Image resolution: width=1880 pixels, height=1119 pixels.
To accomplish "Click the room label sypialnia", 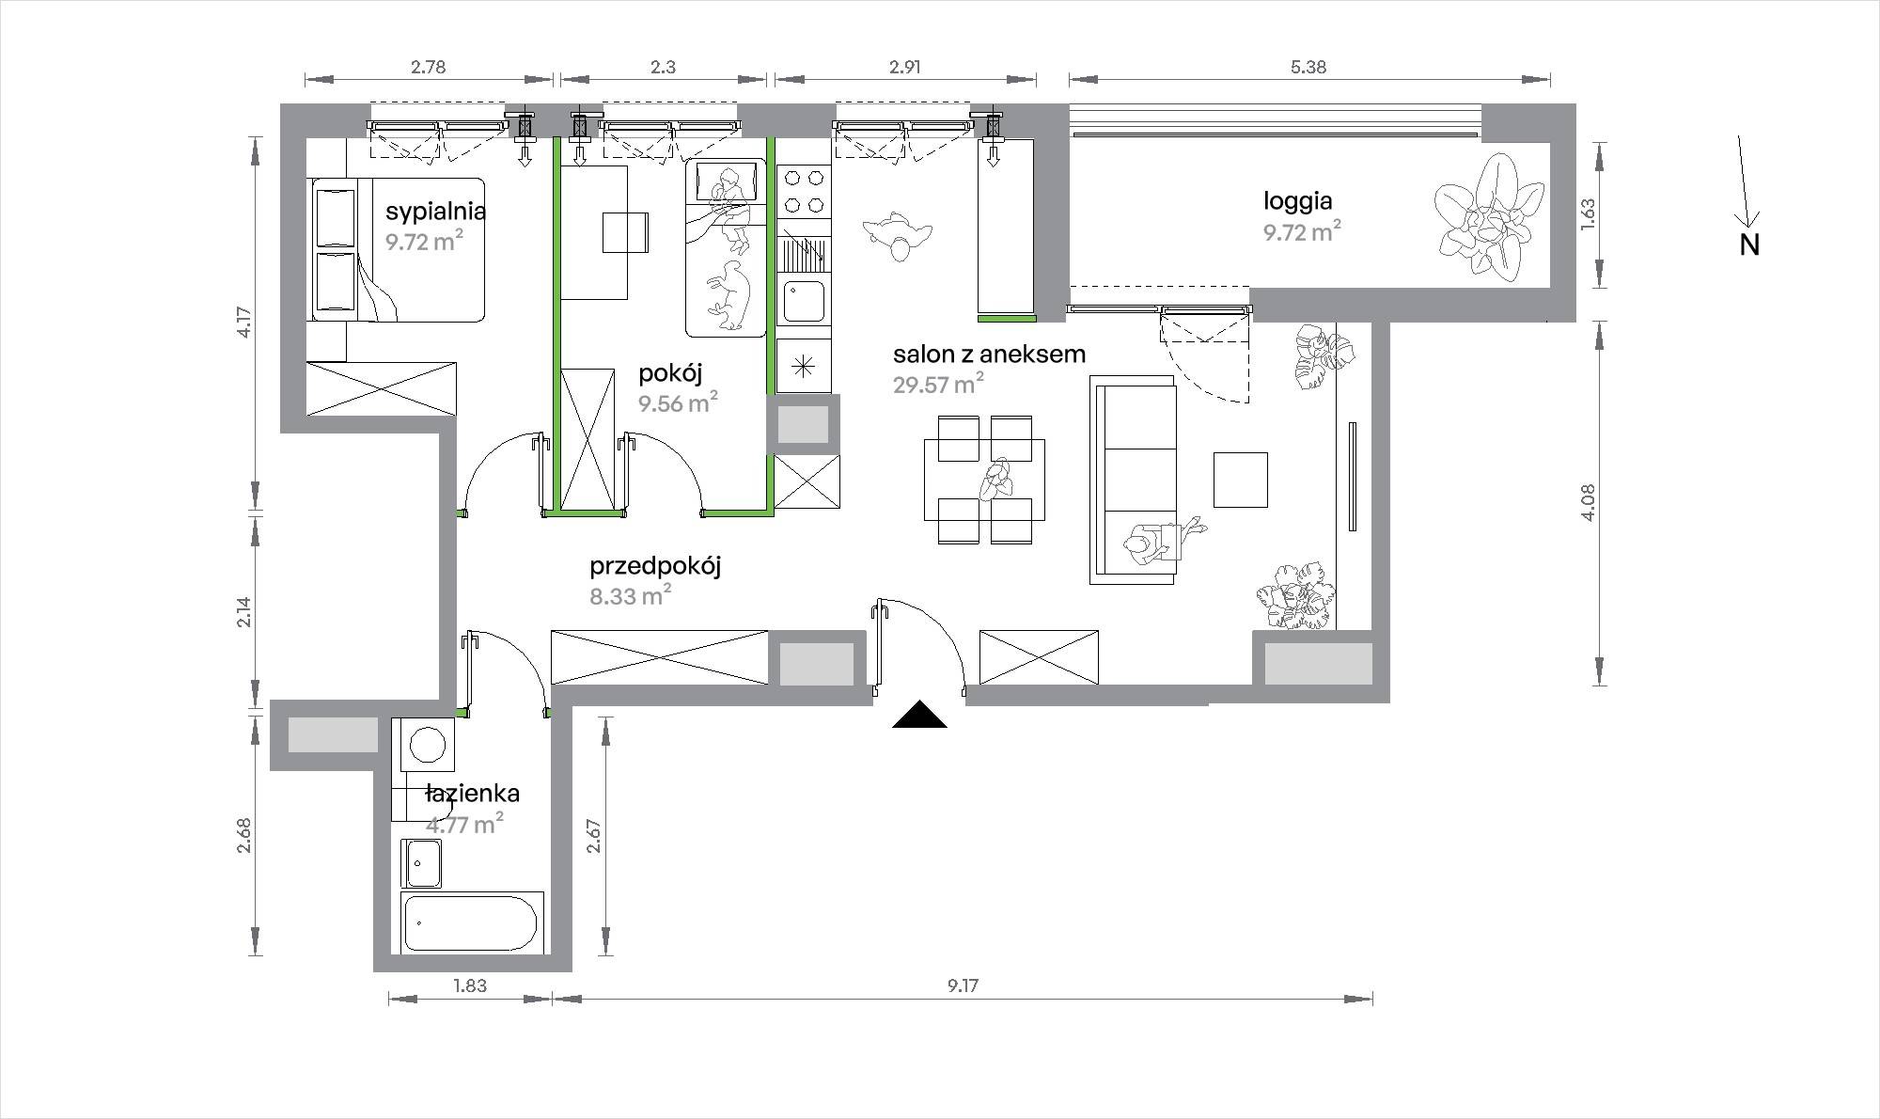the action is tap(435, 211).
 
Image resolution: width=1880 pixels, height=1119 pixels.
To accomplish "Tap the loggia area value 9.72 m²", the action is tap(1302, 231).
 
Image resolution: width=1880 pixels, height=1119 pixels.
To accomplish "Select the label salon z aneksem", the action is tap(989, 354).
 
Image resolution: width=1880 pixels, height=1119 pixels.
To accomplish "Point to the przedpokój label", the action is tap(655, 566).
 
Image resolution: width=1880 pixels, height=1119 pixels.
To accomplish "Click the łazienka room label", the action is tap(472, 794).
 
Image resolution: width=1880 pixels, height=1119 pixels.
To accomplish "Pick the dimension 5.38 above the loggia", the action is tap(1308, 67).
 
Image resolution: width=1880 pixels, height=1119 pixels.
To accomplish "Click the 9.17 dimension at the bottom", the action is tap(963, 985).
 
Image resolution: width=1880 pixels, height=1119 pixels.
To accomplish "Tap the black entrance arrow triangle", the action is tap(919, 716).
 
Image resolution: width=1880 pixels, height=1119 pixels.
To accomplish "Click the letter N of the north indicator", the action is tap(1749, 244).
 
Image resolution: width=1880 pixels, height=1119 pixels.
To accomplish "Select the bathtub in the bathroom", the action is tap(472, 923).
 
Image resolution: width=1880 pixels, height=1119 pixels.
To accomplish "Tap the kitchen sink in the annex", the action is tap(804, 302).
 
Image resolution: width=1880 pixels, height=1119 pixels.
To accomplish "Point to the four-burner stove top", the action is tap(804, 192).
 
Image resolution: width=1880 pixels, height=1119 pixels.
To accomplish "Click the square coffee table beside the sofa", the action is tap(1240, 480).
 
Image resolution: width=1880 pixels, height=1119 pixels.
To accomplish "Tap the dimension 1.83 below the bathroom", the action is tap(470, 985).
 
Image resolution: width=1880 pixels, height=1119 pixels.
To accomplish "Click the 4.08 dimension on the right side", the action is tap(1588, 503).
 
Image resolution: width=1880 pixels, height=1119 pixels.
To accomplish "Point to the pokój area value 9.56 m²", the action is tap(678, 403).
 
